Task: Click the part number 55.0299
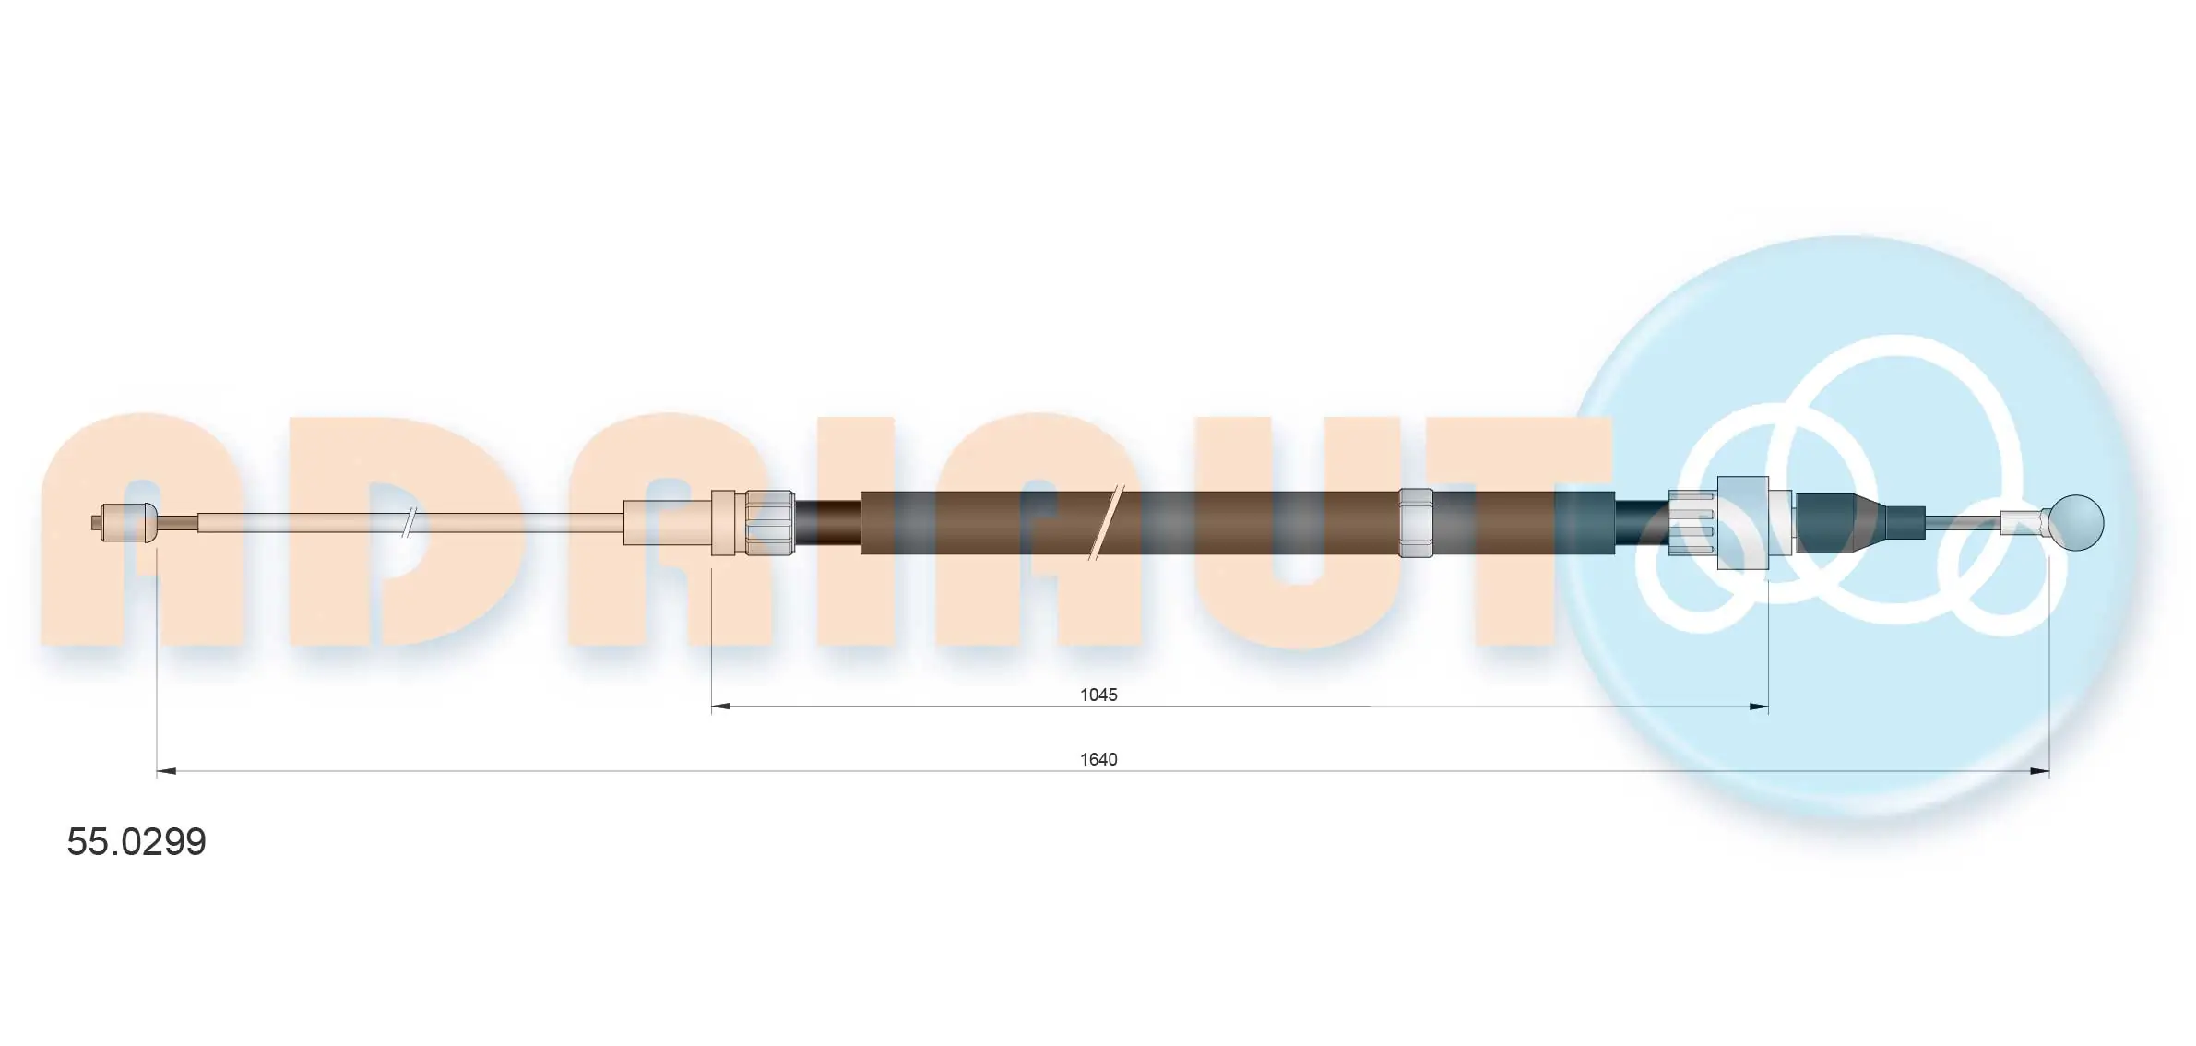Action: point(137,842)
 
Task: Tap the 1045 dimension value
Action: point(1098,695)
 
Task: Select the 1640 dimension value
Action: point(1098,759)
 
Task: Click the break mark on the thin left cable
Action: point(409,523)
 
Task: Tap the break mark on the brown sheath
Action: point(1104,523)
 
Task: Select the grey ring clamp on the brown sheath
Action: point(1415,523)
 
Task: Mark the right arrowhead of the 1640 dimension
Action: point(2039,771)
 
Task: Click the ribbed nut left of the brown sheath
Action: point(769,523)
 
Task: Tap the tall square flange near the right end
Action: point(1742,523)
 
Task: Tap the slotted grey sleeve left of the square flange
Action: point(1693,523)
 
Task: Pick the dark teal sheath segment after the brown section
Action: point(1584,523)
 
